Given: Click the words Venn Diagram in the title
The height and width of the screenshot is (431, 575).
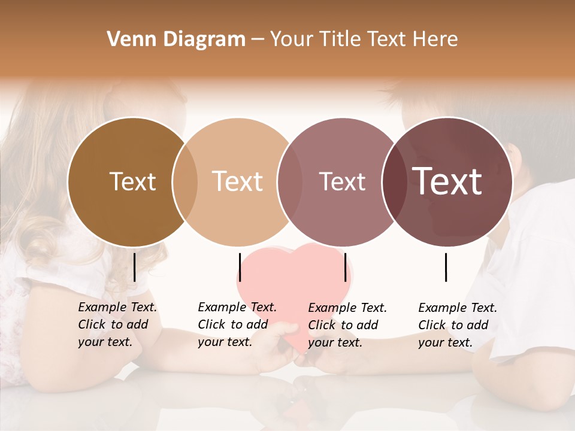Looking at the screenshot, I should (x=176, y=40).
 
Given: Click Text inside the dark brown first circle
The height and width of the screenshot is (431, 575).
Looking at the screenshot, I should (x=132, y=182).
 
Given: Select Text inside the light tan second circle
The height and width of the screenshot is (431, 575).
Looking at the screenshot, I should (x=238, y=182).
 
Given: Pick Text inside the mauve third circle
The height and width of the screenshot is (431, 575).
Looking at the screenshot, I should (x=343, y=182).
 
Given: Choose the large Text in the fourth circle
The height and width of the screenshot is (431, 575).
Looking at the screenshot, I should (x=447, y=181).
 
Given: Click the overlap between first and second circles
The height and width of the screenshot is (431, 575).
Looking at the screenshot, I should (x=185, y=182).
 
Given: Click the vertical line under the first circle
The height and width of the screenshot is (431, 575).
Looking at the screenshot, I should (x=134, y=267).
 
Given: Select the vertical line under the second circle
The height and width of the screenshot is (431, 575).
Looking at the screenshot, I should (x=240, y=267).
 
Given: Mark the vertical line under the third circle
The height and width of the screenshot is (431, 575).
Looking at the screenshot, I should (x=346, y=267).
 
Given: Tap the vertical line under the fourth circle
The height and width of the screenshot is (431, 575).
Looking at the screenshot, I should (x=446, y=267).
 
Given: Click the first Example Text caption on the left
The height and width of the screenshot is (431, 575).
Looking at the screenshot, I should (x=117, y=324).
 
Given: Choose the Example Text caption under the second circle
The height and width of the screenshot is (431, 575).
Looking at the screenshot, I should (x=237, y=324).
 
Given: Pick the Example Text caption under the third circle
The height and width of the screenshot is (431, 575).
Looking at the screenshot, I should (x=347, y=325).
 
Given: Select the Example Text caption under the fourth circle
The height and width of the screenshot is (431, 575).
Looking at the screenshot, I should (x=457, y=325).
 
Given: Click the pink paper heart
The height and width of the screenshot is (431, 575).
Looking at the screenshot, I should (x=293, y=281).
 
